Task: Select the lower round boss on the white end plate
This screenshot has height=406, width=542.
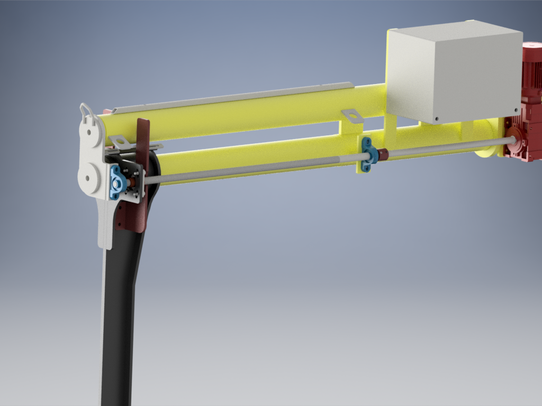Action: point(89,176)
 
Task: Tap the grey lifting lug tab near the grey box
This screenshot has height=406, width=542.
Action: point(351,115)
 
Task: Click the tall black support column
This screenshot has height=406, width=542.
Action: point(119,317)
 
